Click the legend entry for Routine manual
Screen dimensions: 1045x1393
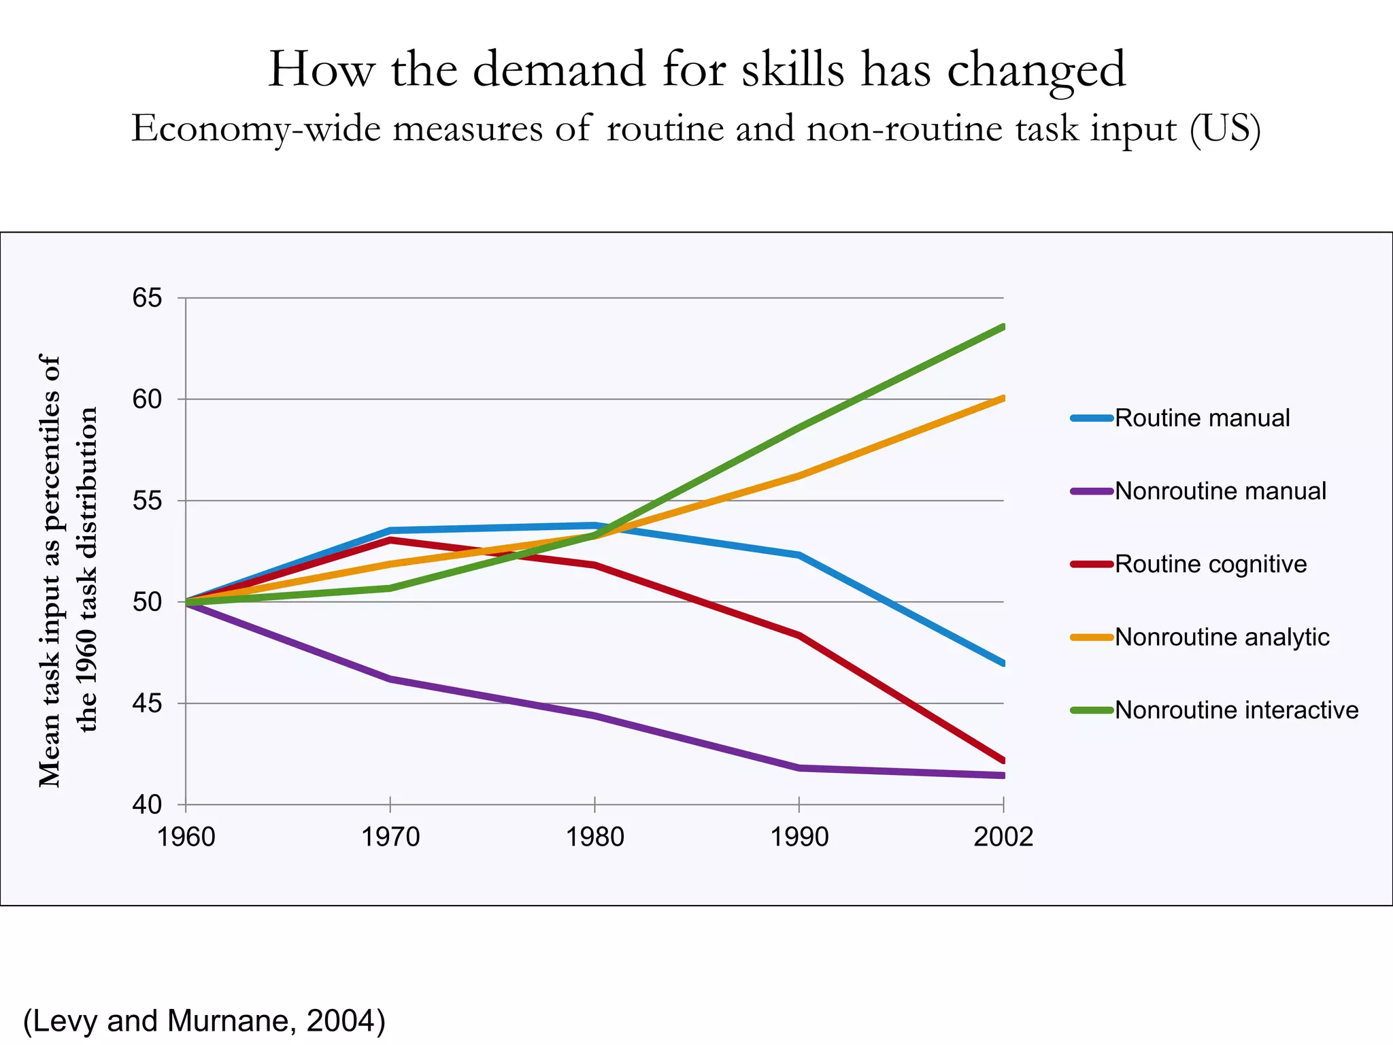(1201, 418)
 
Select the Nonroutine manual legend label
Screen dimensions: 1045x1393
(1220, 491)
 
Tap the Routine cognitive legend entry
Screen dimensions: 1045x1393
(1210, 564)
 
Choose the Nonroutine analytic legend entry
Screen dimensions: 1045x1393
(1222, 637)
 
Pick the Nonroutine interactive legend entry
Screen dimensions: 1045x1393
(1236, 710)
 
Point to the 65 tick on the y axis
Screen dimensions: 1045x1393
(147, 298)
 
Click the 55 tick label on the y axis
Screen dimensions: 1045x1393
(147, 501)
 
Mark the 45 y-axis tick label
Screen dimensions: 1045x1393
(147, 703)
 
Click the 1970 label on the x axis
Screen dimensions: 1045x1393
(390, 837)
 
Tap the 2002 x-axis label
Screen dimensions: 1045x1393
(1003, 837)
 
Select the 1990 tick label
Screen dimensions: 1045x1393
(799, 837)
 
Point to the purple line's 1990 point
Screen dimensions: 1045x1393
(799, 768)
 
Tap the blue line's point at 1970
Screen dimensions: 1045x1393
(390, 530)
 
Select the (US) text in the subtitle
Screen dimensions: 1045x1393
(1225, 129)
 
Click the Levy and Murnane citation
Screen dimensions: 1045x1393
(204, 1021)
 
